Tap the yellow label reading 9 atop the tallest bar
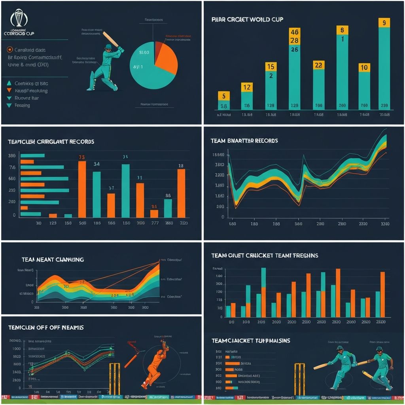pyautogui.click(x=384, y=23)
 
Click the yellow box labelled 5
pyautogui.click(x=224, y=96)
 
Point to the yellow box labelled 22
pyautogui.click(x=319, y=65)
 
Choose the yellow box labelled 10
pyautogui.click(x=364, y=67)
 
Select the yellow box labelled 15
pyautogui.click(x=271, y=66)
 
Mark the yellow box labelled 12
pyautogui.click(x=247, y=87)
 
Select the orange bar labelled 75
pyautogui.click(x=82, y=189)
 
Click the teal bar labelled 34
pyautogui.click(x=97, y=194)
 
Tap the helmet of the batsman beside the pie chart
pyautogui.click(x=108, y=47)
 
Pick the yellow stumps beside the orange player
pyautogui.click(x=115, y=378)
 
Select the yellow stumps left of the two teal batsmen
pyautogui.click(x=299, y=378)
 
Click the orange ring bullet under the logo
pyautogui.click(x=9, y=50)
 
